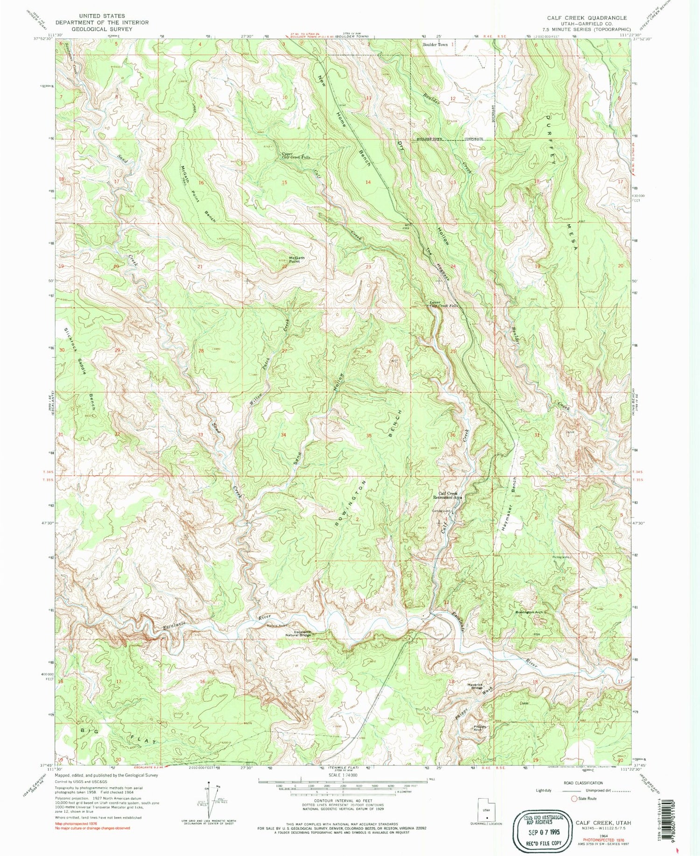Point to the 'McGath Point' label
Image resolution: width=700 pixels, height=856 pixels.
pos(297,260)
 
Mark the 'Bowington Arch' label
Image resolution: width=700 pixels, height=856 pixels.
pos(529,612)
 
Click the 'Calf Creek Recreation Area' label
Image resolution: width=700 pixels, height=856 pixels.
pos(448,495)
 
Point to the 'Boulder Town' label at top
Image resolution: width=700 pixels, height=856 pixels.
pos(435,45)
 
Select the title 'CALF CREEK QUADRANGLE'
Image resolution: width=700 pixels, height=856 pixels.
pos(587,18)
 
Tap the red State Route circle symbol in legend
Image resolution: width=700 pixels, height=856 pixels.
pos(574,799)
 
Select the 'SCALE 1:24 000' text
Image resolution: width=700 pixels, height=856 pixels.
pos(343,775)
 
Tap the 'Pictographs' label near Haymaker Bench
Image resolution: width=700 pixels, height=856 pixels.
pos(561,557)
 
